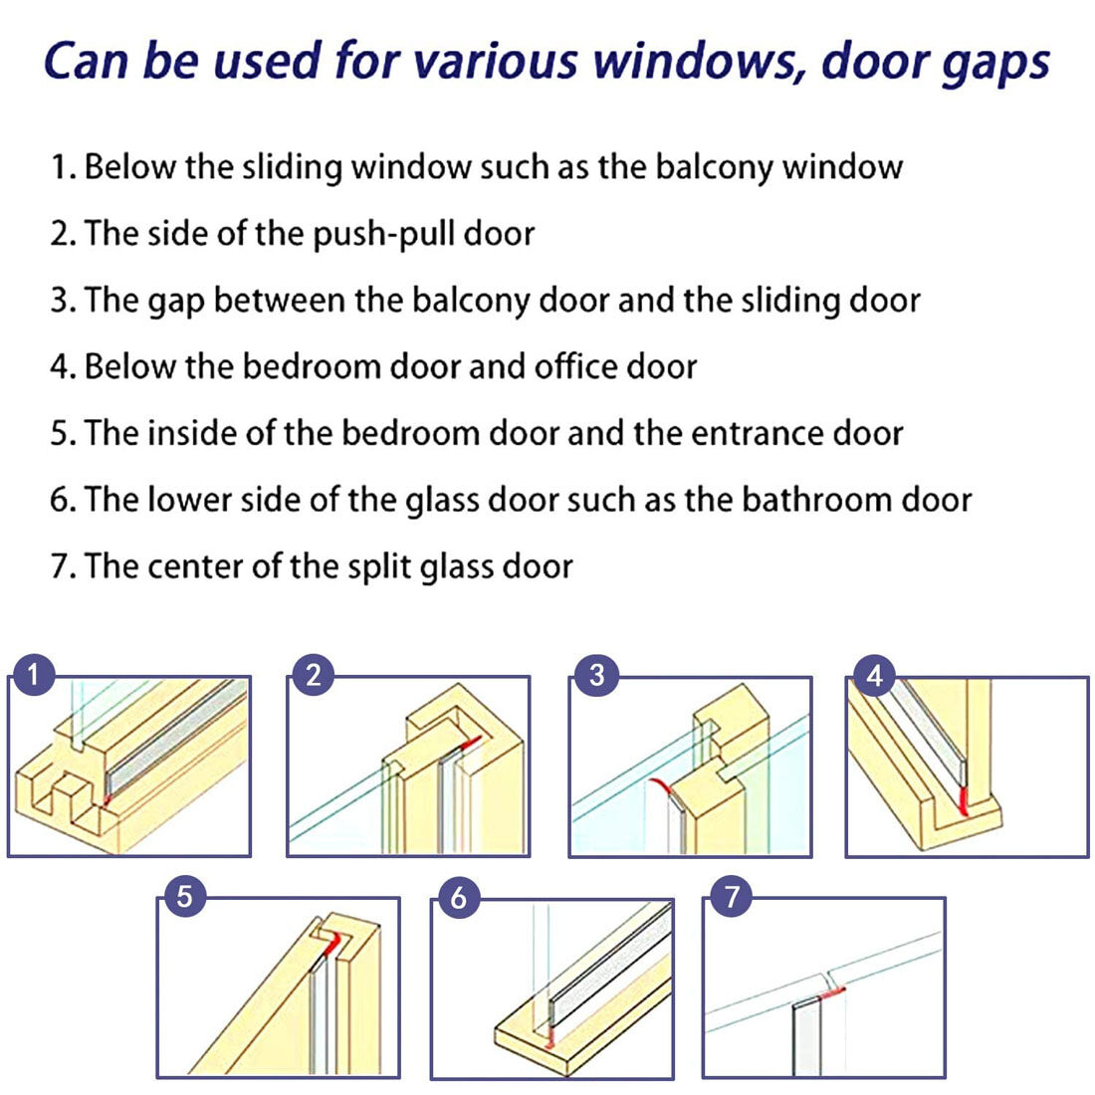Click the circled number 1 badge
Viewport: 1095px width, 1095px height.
coord(33,674)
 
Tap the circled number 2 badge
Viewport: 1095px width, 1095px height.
coord(314,675)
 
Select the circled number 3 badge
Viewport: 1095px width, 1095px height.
coord(596,675)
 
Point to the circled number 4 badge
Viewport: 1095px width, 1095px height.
coord(874,675)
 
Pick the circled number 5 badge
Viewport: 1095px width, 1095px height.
coord(184,895)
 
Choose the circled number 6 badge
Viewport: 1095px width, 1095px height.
coord(458,897)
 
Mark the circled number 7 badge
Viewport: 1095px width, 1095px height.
coord(732,895)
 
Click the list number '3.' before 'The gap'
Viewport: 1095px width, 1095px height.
coord(63,301)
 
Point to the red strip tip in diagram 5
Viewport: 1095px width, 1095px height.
coord(334,942)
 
